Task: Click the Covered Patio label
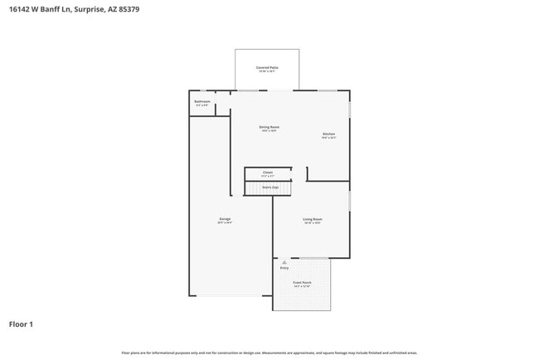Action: [x=267, y=67]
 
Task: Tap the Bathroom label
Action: [x=202, y=101]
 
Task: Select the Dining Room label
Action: [x=269, y=127]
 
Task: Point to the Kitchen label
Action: [x=328, y=134]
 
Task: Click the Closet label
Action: [x=267, y=173]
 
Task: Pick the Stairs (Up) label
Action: [x=269, y=187]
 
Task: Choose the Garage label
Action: [x=225, y=219]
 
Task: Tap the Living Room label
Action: [x=313, y=219]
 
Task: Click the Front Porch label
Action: [x=302, y=283]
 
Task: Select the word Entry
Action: [x=284, y=268]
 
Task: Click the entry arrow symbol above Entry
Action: [x=284, y=262]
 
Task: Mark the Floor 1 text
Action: [x=21, y=324]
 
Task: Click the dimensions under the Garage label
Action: [x=225, y=223]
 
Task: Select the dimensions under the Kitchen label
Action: [x=328, y=138]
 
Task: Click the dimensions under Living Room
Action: [x=313, y=223]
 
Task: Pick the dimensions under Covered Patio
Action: [x=267, y=71]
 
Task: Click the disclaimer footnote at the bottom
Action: [x=269, y=353]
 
